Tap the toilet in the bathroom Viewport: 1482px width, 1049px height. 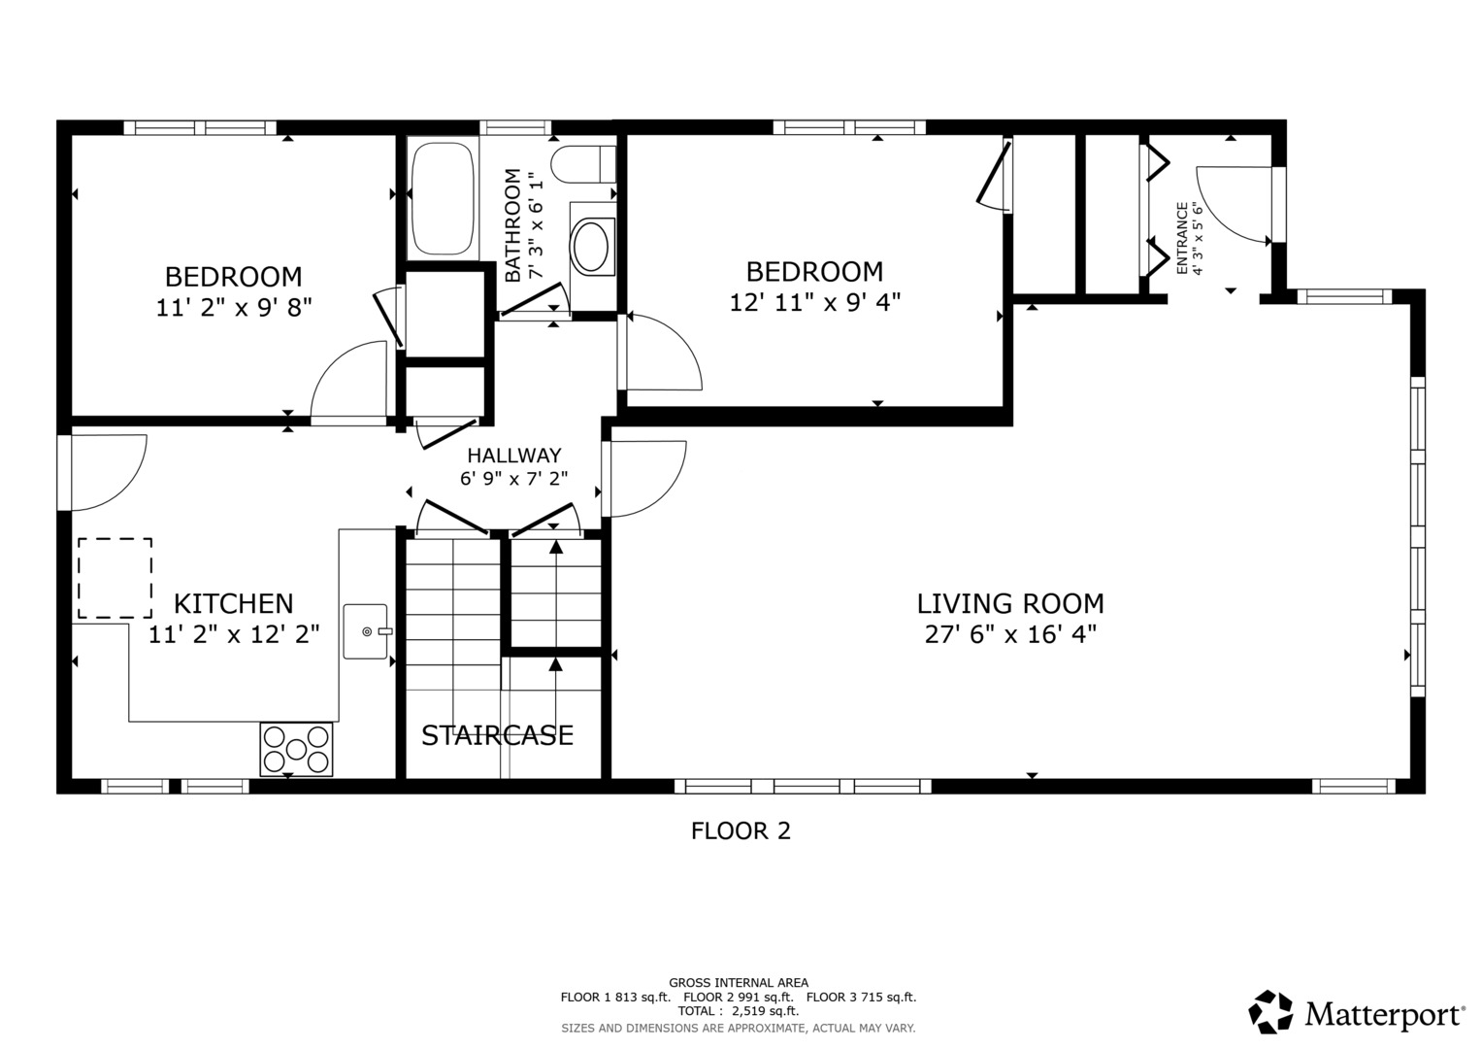[582, 163]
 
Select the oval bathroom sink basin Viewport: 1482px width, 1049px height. [591, 246]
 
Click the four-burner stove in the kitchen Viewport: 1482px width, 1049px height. [296, 749]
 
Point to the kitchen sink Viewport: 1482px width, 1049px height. [367, 631]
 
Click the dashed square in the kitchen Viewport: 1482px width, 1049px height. [115, 578]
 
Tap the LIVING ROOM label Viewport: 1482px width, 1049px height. [1009, 603]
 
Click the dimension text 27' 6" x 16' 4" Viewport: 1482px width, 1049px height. [1009, 635]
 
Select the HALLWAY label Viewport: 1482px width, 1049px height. [513, 455]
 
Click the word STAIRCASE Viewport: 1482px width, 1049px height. [497, 735]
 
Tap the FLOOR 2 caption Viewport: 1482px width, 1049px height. [741, 830]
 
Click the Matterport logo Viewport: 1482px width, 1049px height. [1356, 1013]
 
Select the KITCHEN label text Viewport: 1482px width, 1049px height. [233, 603]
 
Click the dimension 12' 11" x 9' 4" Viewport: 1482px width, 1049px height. [814, 302]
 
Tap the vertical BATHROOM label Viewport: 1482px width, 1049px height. [512, 225]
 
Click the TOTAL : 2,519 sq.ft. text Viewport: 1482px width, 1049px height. [738, 1011]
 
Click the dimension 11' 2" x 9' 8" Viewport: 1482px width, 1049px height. [233, 308]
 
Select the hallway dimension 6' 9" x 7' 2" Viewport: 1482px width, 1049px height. [513, 478]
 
